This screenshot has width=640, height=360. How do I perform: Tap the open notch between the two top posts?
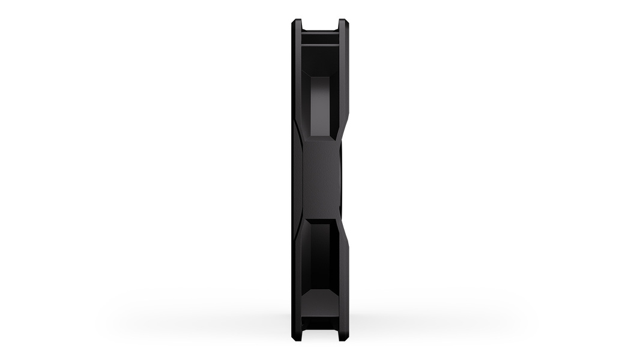(x=320, y=25)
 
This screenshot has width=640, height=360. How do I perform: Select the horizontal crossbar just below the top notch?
(x=320, y=38)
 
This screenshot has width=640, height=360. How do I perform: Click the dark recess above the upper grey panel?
(x=319, y=60)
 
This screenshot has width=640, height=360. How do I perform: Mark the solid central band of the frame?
(x=320, y=180)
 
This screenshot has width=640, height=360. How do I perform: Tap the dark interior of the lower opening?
(x=319, y=252)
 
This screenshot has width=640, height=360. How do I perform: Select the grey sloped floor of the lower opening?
(x=319, y=300)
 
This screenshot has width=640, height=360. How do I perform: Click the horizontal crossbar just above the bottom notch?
(x=320, y=321)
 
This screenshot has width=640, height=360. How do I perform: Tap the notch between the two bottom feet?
(x=320, y=334)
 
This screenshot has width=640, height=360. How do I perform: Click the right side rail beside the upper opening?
(x=344, y=78)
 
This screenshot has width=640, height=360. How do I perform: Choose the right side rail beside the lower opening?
(x=344, y=276)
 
